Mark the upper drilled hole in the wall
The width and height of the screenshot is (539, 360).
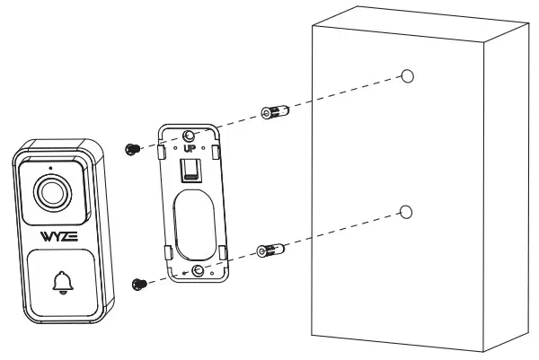pos(407,75)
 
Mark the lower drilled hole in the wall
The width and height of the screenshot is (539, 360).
pos(406,212)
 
